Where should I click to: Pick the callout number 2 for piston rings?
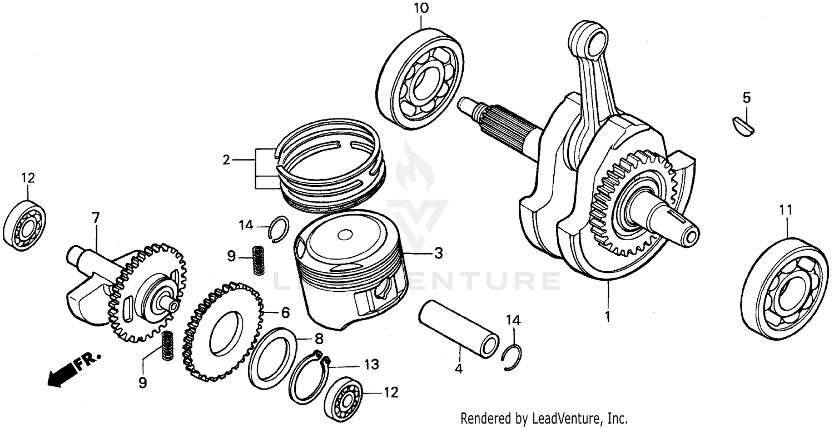pos(226,160)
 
